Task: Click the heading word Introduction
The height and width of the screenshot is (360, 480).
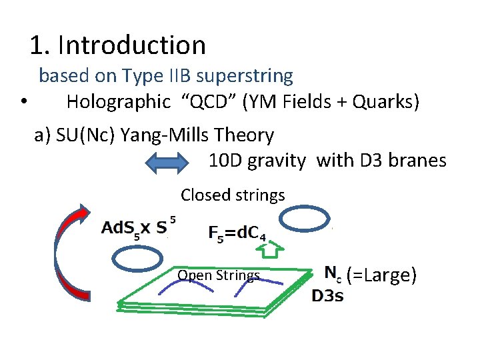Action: pos(132,45)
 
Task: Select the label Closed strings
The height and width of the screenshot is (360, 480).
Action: pos(233,195)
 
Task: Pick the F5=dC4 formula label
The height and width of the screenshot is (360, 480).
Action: pos(237,233)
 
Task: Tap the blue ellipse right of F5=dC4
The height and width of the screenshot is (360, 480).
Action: pos(303,219)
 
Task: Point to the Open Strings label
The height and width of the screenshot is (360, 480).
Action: pos(219,275)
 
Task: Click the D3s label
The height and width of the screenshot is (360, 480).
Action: pos(328,296)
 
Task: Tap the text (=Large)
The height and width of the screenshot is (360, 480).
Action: pos(381,273)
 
